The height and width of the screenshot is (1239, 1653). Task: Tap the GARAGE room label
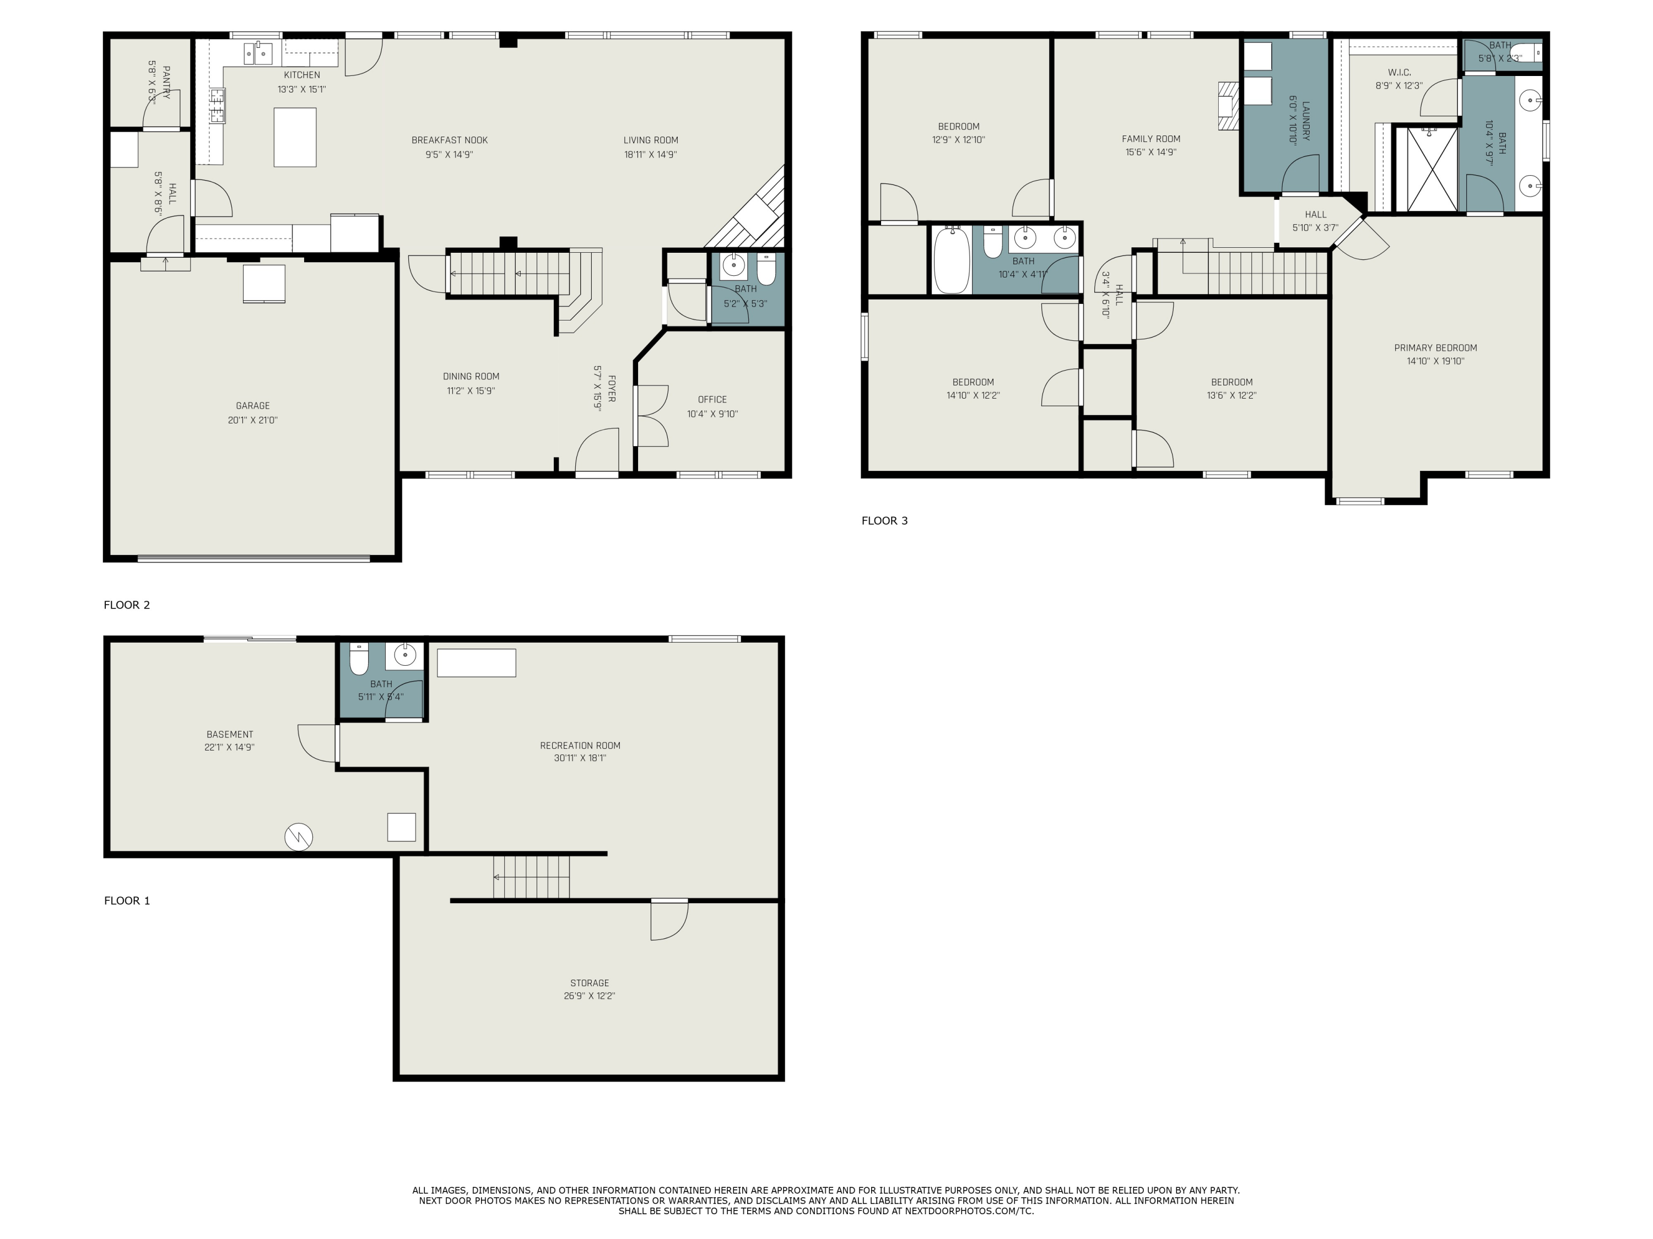(252, 405)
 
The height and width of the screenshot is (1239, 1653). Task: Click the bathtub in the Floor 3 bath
(951, 260)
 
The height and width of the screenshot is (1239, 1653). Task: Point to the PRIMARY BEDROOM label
(1435, 347)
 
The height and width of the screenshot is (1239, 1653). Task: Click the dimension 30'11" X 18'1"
(580, 758)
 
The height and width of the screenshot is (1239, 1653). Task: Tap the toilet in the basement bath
(359, 658)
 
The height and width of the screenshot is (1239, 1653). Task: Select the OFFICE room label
(711, 400)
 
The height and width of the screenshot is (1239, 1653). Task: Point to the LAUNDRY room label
(1305, 121)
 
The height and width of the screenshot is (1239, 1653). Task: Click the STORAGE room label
(589, 983)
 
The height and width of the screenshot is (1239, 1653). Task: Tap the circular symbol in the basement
(299, 836)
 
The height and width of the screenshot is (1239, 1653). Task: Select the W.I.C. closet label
(1399, 73)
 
